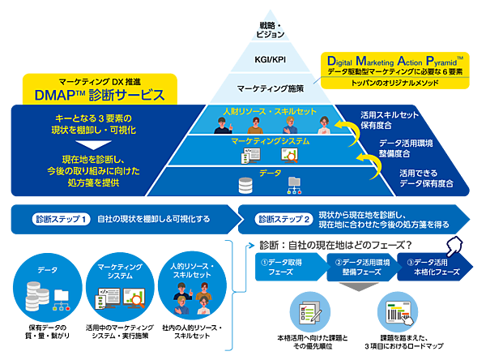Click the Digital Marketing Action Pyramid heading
point(394,60)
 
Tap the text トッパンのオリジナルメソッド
point(394,84)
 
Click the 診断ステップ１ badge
point(61,219)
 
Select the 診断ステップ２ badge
point(283,219)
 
